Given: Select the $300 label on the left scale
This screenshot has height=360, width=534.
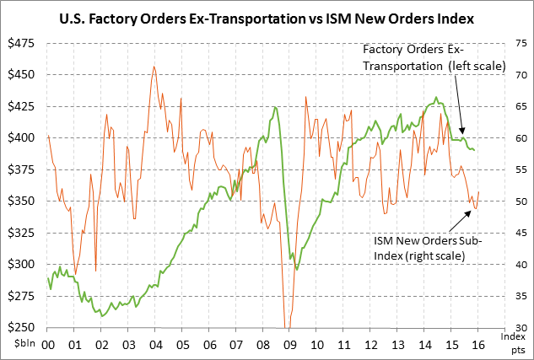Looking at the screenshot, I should (x=24, y=264).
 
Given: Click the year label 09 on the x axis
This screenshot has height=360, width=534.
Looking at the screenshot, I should (x=291, y=344).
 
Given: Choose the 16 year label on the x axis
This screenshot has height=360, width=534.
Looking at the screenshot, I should (x=477, y=344).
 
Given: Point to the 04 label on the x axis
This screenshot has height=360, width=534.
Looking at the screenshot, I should (x=154, y=344).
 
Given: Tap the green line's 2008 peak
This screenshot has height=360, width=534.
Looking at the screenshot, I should (x=275, y=107).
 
